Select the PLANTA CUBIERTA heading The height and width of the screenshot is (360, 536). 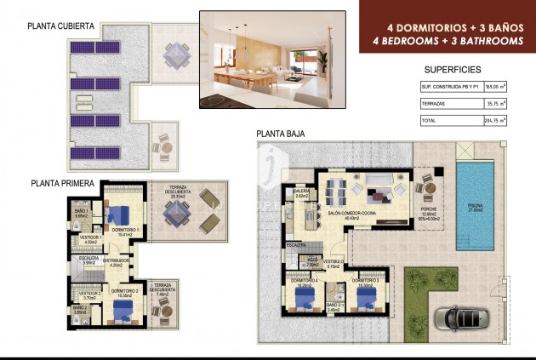click(61, 26)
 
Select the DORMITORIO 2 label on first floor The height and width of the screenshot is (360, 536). click(125, 291)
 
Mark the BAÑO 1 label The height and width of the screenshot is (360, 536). click(81, 211)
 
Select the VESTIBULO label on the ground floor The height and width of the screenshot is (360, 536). click(333, 261)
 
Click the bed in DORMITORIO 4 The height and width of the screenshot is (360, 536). click(303, 298)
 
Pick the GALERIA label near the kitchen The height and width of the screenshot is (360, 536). click(300, 191)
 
